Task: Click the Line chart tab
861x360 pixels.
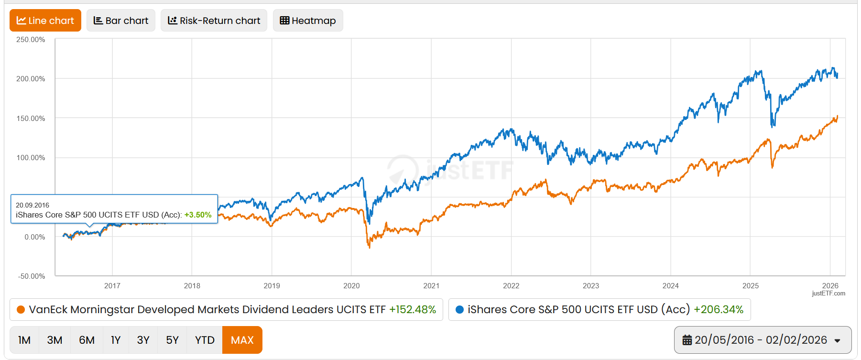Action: [x=45, y=21]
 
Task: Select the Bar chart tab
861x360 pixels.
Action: [x=121, y=21]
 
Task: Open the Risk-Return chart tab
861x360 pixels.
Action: [x=214, y=21]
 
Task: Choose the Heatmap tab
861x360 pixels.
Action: [x=308, y=21]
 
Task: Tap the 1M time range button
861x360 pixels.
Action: [x=24, y=340]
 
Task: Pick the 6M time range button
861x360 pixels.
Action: [x=87, y=340]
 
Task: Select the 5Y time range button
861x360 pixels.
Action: [x=172, y=340]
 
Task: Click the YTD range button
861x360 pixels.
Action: [x=205, y=340]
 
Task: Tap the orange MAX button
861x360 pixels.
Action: [x=242, y=340]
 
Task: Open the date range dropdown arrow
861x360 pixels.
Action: [x=837, y=340]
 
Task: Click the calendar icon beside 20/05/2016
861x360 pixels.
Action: [x=687, y=340]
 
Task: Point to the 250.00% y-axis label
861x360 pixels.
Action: [x=31, y=40]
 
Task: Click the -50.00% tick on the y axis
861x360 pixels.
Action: [x=32, y=276]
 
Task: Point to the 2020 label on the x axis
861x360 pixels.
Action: [x=351, y=286]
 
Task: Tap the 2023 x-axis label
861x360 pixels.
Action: [x=591, y=286]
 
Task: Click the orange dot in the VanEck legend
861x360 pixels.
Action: [x=21, y=310]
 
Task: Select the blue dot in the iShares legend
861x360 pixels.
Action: [x=459, y=310]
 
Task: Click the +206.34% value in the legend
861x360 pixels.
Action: [x=719, y=310]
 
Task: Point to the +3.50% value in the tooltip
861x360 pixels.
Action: [x=198, y=215]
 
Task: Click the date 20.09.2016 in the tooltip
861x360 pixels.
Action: [x=33, y=205]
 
